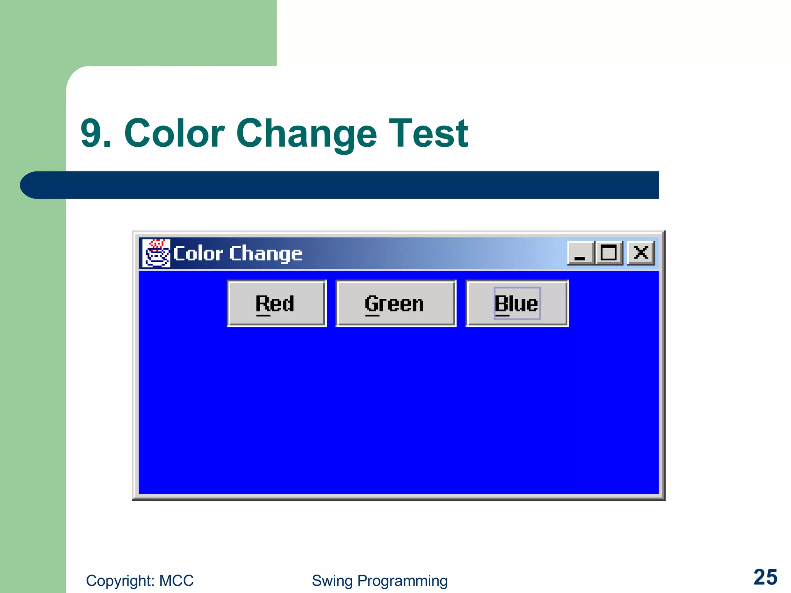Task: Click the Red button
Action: [277, 303]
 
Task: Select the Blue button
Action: [517, 303]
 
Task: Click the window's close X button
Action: [641, 253]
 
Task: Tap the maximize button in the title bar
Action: [609, 253]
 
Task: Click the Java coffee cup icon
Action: [156, 253]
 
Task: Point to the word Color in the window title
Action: [198, 254]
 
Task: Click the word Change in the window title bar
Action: [266, 254]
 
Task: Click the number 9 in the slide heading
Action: [91, 133]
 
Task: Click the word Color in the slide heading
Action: [174, 133]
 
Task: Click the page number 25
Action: [765, 577]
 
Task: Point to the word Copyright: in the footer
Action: [120, 581]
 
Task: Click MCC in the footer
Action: [177, 581]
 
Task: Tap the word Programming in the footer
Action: [402, 581]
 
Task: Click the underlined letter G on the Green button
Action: [372, 304]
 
